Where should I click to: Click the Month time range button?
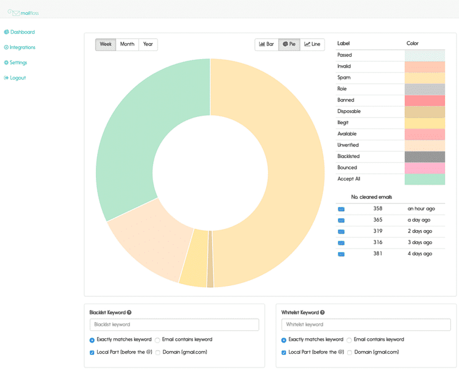[x=127, y=44]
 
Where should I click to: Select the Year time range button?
[x=148, y=44]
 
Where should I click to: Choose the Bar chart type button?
[x=267, y=44]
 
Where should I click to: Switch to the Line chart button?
[x=312, y=44]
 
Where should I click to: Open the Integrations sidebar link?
[x=20, y=47]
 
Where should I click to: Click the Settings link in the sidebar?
[x=15, y=63]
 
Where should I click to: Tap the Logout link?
[x=15, y=77]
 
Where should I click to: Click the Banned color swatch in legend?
[x=425, y=100]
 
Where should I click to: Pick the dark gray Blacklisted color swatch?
[x=425, y=156]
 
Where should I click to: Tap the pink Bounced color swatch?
[x=425, y=168]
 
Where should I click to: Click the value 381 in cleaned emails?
[x=378, y=253]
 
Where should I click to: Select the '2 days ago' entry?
[x=420, y=231]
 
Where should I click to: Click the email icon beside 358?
[x=341, y=209]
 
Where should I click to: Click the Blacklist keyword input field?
[x=175, y=325]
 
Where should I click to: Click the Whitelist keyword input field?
[x=366, y=325]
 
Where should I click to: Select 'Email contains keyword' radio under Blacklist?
[x=157, y=340]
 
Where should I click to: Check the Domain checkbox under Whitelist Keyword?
[x=350, y=352]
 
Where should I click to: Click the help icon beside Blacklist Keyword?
[x=129, y=312]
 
